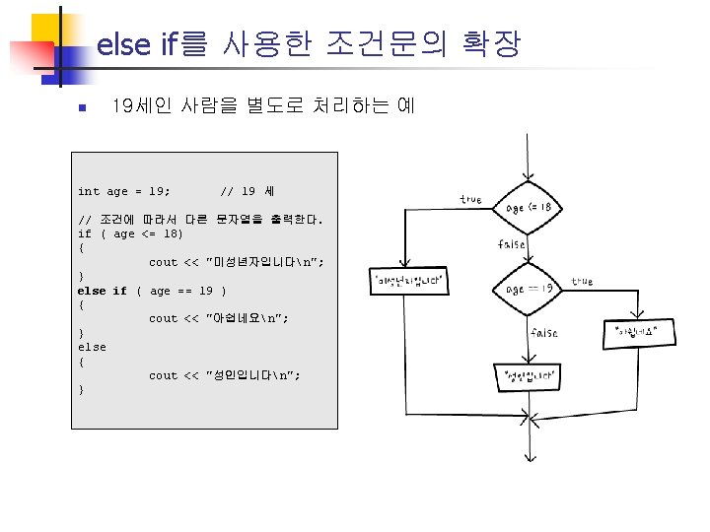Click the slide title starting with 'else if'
(308, 44)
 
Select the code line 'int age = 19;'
(123, 191)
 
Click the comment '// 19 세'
(248, 191)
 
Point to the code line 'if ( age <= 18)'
(130, 234)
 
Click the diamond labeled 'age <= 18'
(532, 208)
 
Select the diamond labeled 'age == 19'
(532, 289)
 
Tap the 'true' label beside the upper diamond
(470, 200)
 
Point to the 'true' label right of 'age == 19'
(582, 281)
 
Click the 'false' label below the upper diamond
(512, 244)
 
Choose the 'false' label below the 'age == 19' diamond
(543, 333)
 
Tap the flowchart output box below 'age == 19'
(532, 375)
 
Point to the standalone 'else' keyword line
(92, 347)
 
